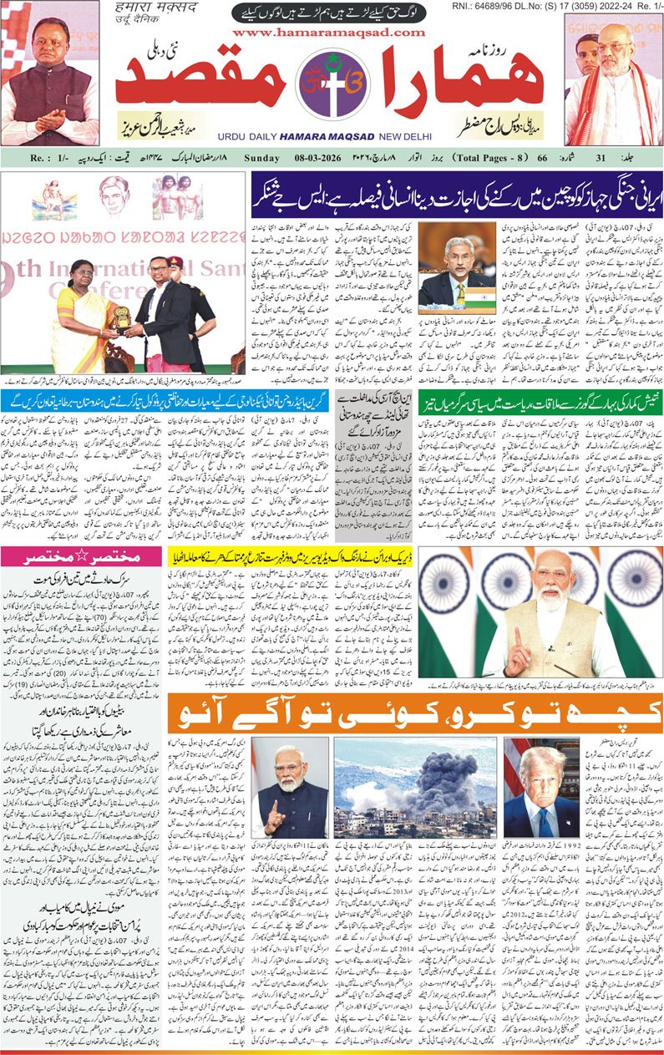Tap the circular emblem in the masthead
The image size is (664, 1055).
pyautogui.click(x=332, y=83)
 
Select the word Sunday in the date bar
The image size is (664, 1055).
pyautogui.click(x=262, y=157)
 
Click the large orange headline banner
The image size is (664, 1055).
pyautogui.click(x=414, y=713)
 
